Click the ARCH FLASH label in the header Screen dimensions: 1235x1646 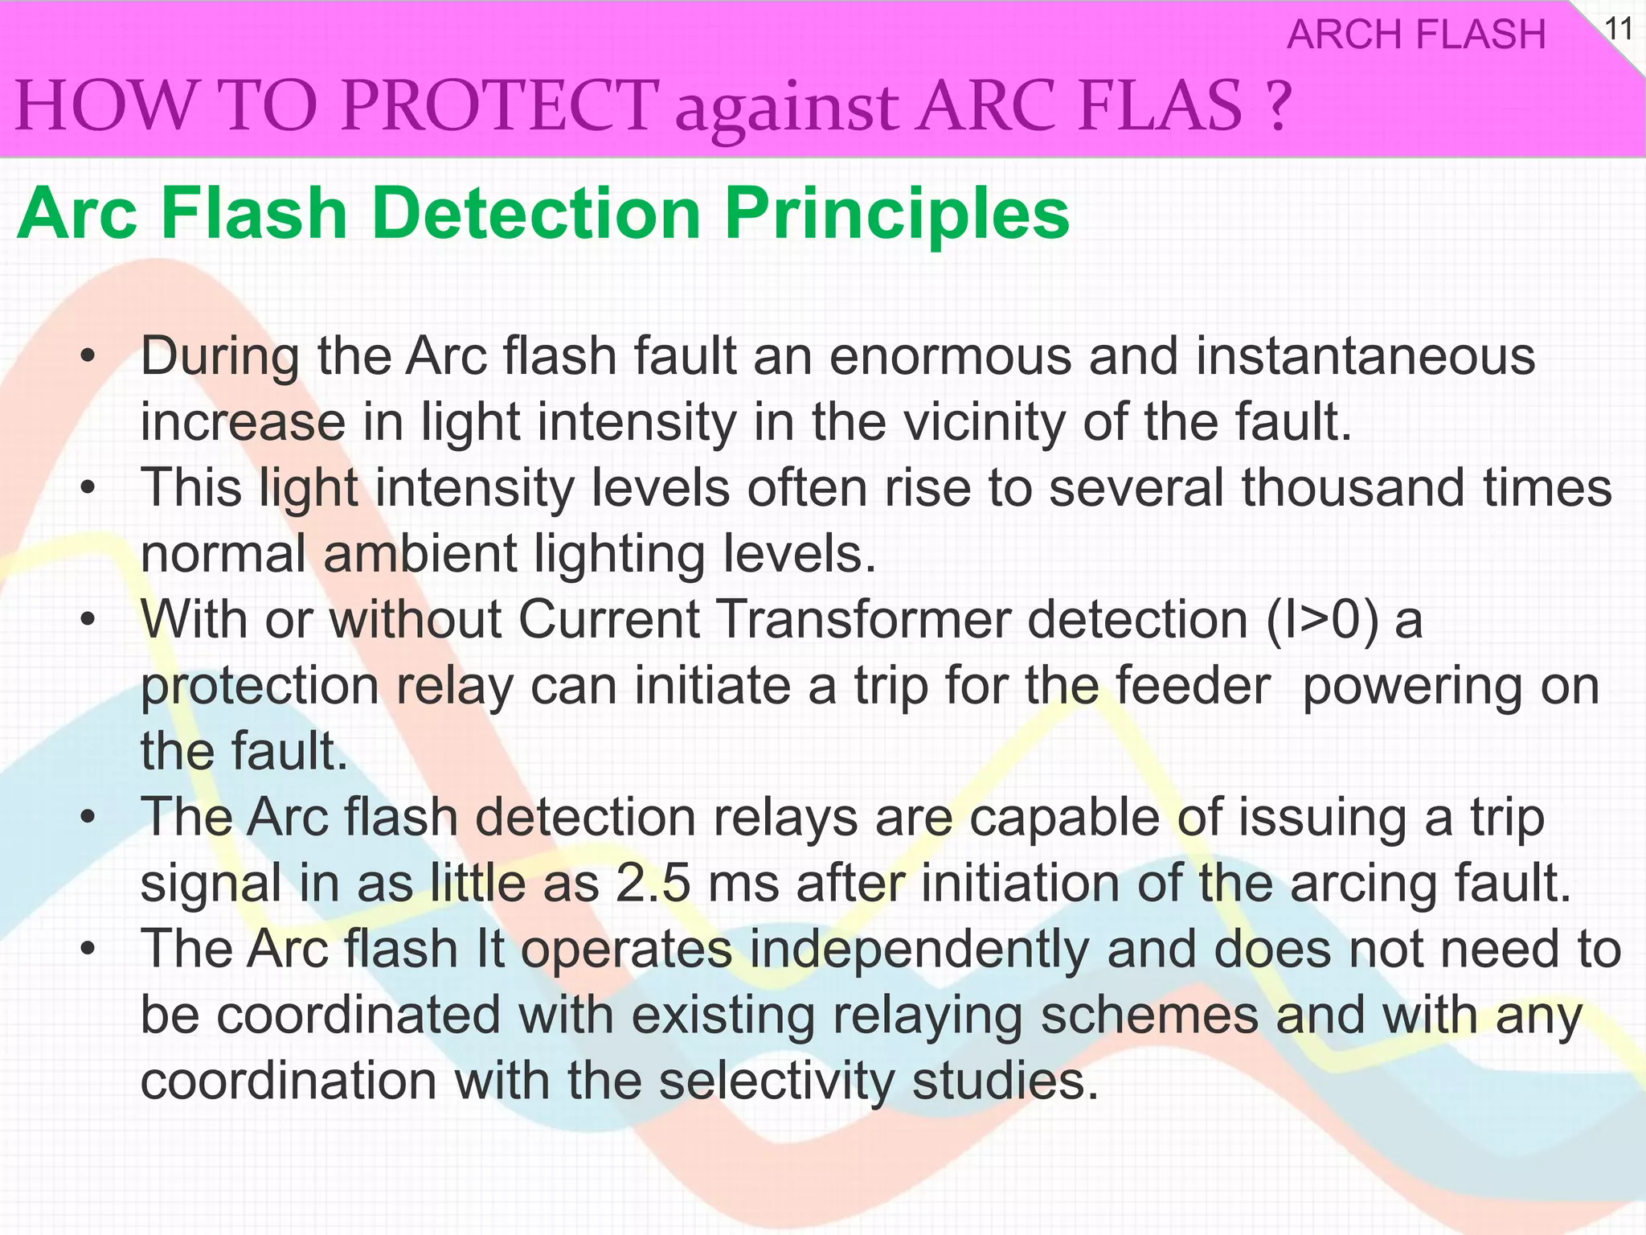coord(1416,35)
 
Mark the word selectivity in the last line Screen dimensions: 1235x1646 coord(776,1081)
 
